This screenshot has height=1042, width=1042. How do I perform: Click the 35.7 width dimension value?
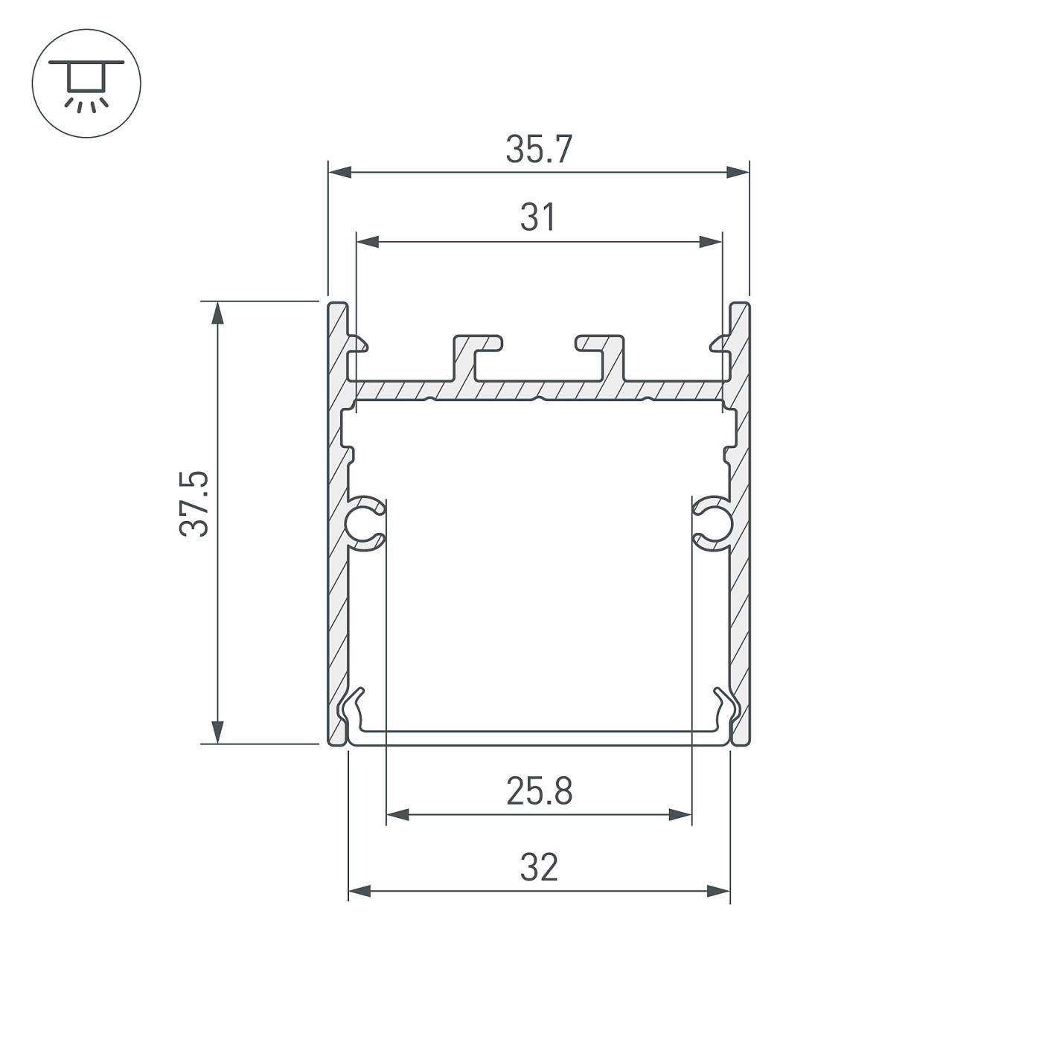[539, 150]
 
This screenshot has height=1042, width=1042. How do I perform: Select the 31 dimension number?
[537, 217]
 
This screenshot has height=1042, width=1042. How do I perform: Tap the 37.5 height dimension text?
[195, 503]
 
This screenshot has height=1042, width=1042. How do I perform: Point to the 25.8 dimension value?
[539, 791]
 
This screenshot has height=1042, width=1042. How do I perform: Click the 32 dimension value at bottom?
[539, 868]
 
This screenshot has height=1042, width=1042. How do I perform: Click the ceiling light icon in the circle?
[86, 83]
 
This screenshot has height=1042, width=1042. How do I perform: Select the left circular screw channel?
[362, 524]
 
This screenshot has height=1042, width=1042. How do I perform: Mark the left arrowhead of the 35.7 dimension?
[339, 173]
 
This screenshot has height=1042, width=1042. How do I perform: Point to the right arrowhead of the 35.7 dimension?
[738, 173]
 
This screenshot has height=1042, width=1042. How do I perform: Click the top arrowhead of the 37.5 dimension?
[217, 313]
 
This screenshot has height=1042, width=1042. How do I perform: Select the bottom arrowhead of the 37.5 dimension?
[217, 732]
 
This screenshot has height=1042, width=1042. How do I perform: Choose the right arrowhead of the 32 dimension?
[719, 891]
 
